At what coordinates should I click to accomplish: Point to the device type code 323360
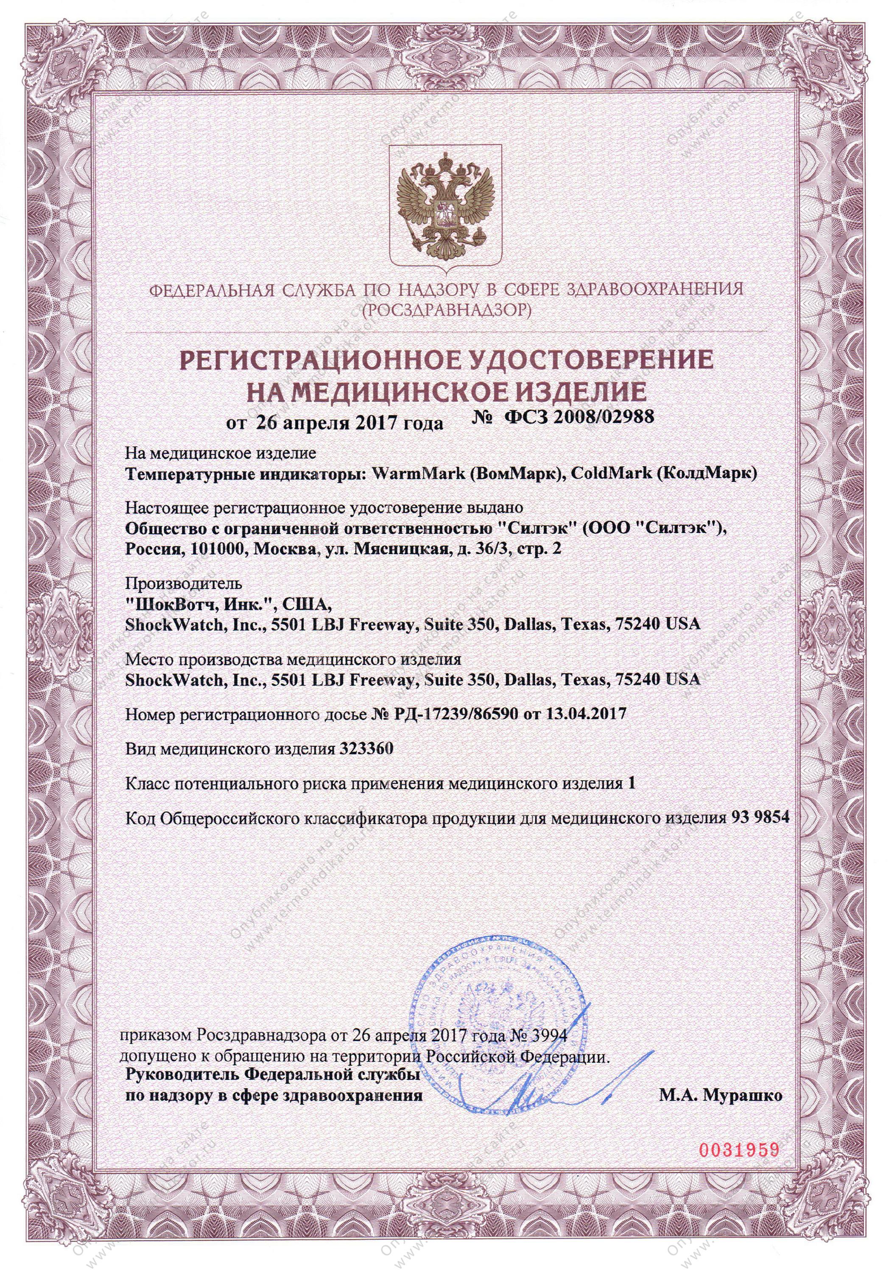[363, 749]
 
